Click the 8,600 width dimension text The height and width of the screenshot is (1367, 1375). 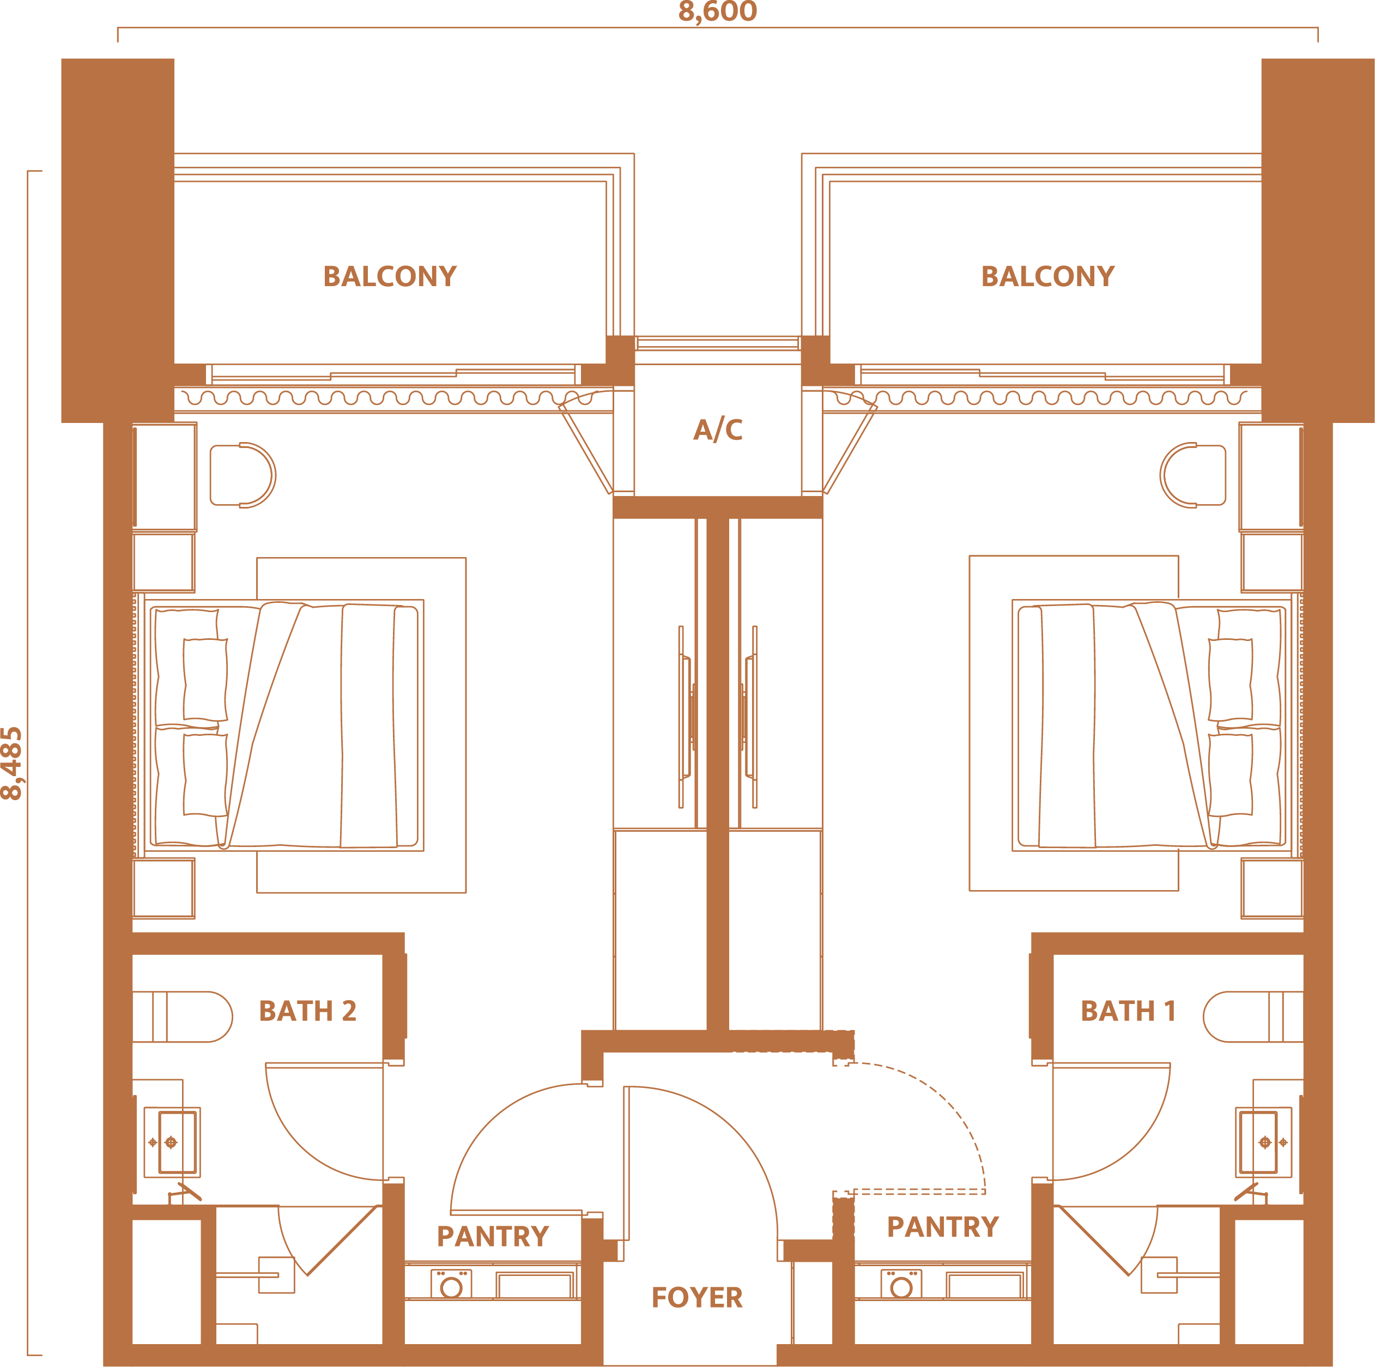point(717,11)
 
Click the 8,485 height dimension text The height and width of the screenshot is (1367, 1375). point(12,764)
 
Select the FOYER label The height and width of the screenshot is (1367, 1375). point(696,1297)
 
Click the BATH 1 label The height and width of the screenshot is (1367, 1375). point(1128,1011)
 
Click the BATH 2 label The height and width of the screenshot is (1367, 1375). point(307,1011)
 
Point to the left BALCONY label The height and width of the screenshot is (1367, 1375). point(390,276)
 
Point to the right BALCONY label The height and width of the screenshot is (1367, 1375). point(1047,276)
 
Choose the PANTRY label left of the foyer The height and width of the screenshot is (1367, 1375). point(493,1236)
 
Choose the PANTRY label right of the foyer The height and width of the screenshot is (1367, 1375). point(943,1226)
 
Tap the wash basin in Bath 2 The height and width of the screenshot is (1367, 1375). point(172,1142)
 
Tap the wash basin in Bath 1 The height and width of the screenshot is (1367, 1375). point(1263,1142)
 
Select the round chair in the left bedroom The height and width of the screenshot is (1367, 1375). point(243,475)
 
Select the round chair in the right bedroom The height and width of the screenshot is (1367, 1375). point(1193,475)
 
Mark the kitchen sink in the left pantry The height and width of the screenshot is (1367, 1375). point(535,1285)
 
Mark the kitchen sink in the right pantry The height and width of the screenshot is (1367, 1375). point(985,1285)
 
